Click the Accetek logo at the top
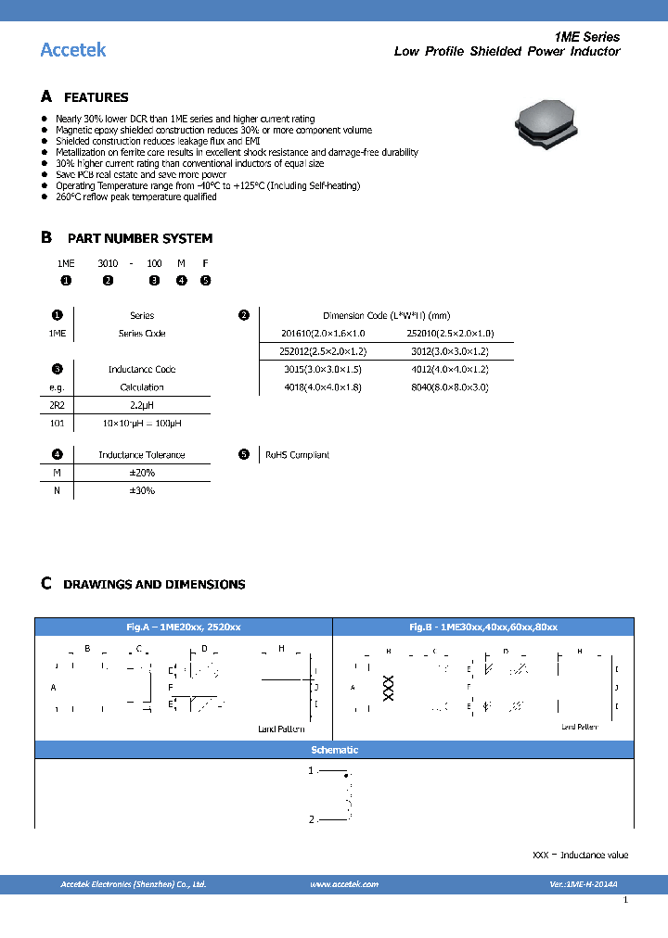click(73, 49)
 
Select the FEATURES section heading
click(96, 97)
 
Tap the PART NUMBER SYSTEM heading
click(139, 238)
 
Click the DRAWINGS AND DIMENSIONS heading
click(154, 585)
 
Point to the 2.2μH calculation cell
click(142, 405)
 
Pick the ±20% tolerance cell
click(142, 473)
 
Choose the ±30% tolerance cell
click(142, 490)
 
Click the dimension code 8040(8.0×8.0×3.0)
click(449, 387)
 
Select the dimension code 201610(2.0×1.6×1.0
click(324, 334)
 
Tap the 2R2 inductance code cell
click(57, 405)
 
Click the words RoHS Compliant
click(297, 455)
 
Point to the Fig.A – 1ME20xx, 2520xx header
click(184, 627)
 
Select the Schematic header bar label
click(334, 750)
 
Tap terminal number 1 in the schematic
click(312, 770)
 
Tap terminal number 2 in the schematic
click(312, 819)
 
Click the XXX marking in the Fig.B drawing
click(388, 687)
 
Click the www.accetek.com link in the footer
click(344, 884)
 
